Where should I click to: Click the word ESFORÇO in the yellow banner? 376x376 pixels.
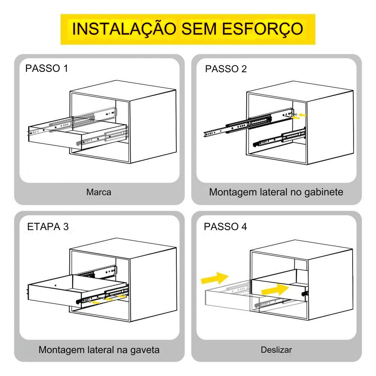262,29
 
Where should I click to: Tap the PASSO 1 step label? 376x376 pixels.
47,68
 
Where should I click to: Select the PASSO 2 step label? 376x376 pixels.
226,69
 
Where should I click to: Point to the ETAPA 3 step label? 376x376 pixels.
48,227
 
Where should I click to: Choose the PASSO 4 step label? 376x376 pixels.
225,227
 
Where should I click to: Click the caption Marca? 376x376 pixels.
99,192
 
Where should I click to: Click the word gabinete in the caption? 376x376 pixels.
324,192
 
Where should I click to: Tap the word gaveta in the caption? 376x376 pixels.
145,350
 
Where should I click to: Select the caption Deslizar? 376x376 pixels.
276,350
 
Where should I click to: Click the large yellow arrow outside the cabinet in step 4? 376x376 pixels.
214,278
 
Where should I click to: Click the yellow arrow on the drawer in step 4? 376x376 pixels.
275,290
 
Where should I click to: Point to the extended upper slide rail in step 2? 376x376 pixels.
249,123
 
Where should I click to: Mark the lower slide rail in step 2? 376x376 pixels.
279,138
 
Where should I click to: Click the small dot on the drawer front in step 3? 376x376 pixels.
55,285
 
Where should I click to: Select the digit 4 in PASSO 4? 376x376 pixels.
244,227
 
